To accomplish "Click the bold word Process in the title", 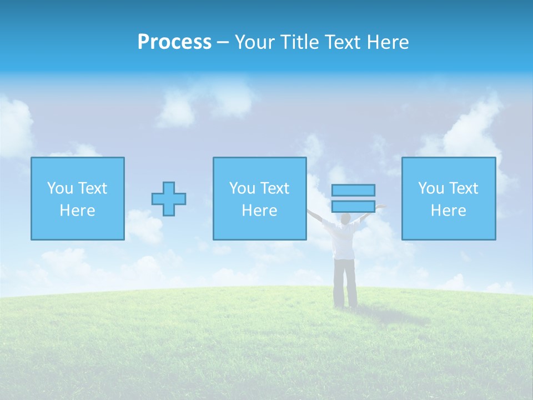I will point(174,42).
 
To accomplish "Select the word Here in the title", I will point(388,42).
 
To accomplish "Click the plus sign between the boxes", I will point(169,199).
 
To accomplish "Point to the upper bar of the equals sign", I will point(353,190).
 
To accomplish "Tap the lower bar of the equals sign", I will point(353,206).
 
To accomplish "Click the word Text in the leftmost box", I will point(92,188).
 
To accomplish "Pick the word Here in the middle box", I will point(260,211).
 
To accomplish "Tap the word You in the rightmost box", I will point(431,188).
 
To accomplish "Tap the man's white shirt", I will point(344,242).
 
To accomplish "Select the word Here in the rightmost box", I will point(449,211).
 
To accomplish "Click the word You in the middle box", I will point(243,188).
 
